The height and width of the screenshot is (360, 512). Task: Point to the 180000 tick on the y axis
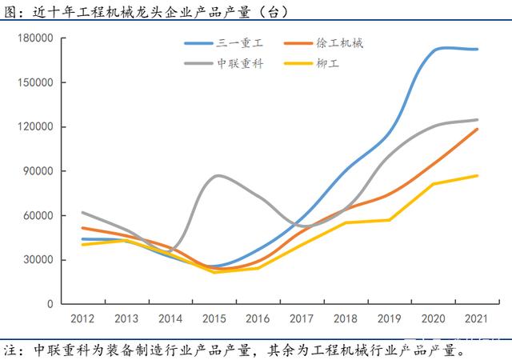coord(36,38)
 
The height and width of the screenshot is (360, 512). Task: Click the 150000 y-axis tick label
coord(36,82)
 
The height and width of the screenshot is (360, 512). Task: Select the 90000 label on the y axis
coord(38,171)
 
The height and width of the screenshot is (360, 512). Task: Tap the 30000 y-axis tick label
coord(38,260)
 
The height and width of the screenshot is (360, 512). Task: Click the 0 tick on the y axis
coord(50,304)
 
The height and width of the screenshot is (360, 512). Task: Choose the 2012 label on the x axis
coord(83,318)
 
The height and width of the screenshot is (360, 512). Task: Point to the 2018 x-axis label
coord(346,318)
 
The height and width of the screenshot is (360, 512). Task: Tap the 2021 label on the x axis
coord(478,318)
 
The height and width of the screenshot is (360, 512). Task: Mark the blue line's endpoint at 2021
coord(478,49)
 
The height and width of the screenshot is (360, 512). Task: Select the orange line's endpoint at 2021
coord(478,129)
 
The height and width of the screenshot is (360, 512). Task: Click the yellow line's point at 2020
coord(434,184)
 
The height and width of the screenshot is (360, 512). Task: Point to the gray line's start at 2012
coord(83,213)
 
